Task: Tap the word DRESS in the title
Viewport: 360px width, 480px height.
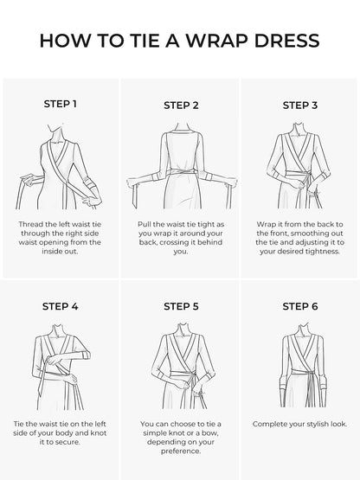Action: [x=286, y=41]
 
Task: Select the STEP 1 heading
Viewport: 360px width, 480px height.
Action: [x=60, y=104]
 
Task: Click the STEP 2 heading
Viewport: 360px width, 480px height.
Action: [x=181, y=106]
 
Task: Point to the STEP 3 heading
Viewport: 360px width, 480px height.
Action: [x=300, y=106]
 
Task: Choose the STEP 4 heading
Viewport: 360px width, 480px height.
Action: [x=60, y=306]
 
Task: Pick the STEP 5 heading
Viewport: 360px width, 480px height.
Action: [x=181, y=306]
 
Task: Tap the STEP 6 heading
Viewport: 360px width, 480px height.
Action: [x=300, y=306]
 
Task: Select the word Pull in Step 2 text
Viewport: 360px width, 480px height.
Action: [x=145, y=224]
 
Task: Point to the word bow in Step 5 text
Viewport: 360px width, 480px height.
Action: [x=211, y=433]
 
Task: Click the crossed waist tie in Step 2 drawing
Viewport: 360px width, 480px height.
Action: [x=181, y=172]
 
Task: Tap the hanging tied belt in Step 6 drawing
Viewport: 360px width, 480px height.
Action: [x=312, y=389]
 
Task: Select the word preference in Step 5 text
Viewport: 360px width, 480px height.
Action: [x=181, y=451]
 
